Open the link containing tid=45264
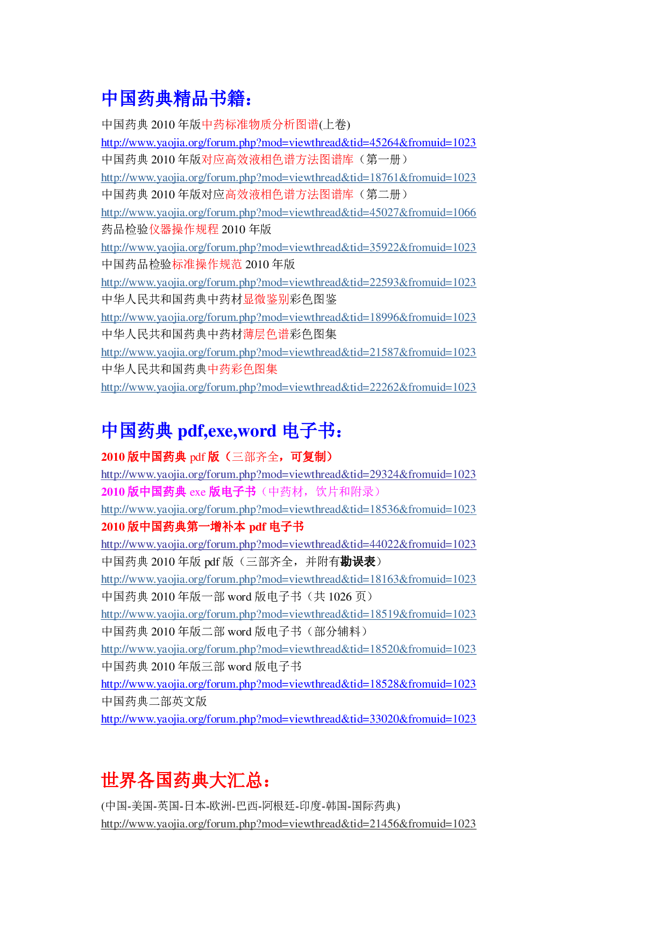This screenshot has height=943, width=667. [x=288, y=143]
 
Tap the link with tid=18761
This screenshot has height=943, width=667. [x=288, y=178]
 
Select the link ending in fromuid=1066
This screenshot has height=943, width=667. [x=288, y=213]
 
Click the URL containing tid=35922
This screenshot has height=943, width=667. [x=288, y=248]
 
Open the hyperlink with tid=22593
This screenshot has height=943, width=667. [x=288, y=283]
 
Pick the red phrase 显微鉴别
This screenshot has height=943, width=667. [x=266, y=299]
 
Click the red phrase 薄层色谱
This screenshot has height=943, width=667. [x=266, y=334]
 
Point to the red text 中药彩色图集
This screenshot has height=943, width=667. [x=243, y=369]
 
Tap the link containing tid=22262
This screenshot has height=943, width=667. [x=288, y=388]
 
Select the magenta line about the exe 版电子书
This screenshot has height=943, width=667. [x=240, y=492]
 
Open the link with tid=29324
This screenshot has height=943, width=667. [x=288, y=475]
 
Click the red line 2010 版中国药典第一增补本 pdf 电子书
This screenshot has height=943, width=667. [x=202, y=527]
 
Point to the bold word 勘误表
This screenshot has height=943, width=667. [x=358, y=562]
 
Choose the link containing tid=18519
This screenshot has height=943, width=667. [x=288, y=615]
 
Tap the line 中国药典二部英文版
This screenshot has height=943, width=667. [x=154, y=702]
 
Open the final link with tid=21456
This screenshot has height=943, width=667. [x=288, y=824]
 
